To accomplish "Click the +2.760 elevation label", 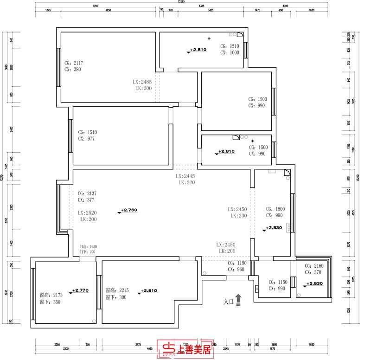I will (x=129, y=210).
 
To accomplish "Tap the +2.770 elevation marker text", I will (x=81, y=290).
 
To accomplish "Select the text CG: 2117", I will (x=74, y=63).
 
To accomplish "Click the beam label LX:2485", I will (x=142, y=81).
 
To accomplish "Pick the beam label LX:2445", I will (x=185, y=177).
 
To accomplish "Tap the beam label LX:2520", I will (x=87, y=212).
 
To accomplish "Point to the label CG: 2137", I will (x=87, y=193).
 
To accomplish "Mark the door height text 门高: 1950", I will (x=88, y=247).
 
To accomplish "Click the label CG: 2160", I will (x=313, y=266).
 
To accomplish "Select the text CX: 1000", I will (x=230, y=53).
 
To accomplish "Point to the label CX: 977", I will (x=87, y=138).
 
